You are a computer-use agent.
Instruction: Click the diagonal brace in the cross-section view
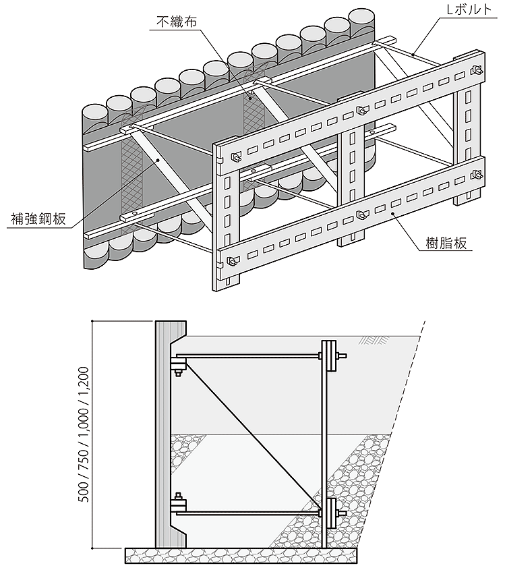[x=249, y=432]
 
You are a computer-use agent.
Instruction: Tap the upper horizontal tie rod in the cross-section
[x=249, y=356]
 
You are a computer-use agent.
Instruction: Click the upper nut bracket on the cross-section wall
[x=177, y=367]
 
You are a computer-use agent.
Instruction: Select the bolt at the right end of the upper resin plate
[x=478, y=70]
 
